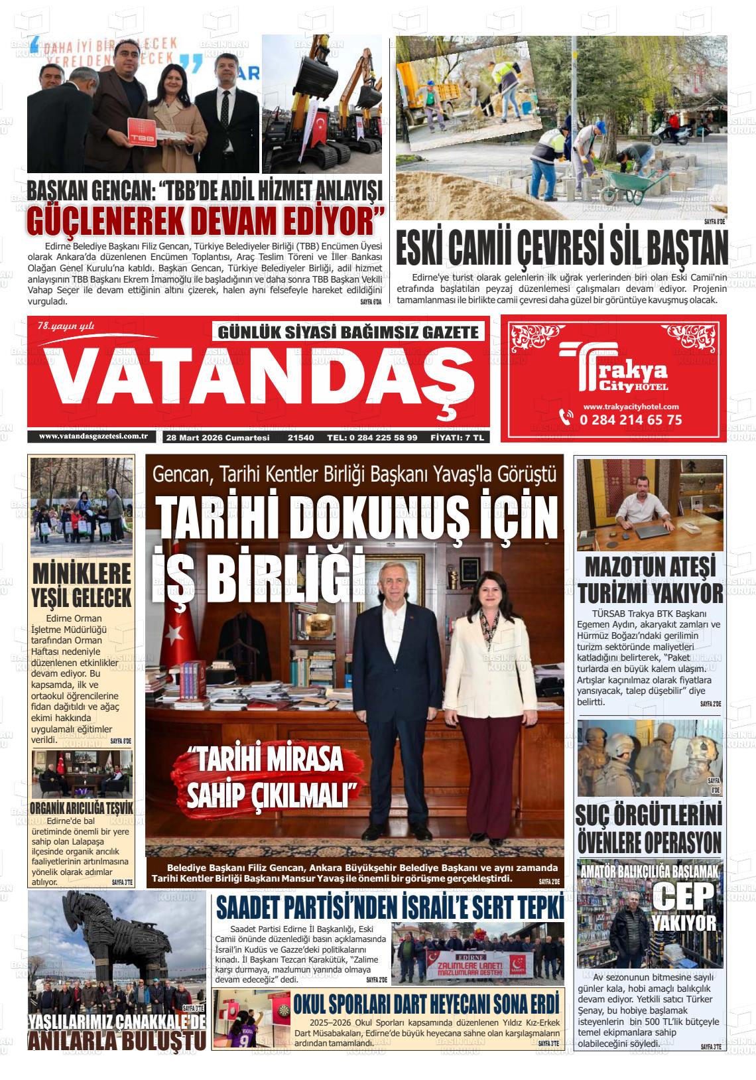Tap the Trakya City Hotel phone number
(x=629, y=419)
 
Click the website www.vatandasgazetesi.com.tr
(x=93, y=436)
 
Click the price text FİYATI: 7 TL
(x=458, y=438)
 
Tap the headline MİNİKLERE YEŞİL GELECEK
(x=82, y=584)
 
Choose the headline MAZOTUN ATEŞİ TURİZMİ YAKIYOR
(x=649, y=580)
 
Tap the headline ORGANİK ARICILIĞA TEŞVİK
(x=82, y=808)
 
